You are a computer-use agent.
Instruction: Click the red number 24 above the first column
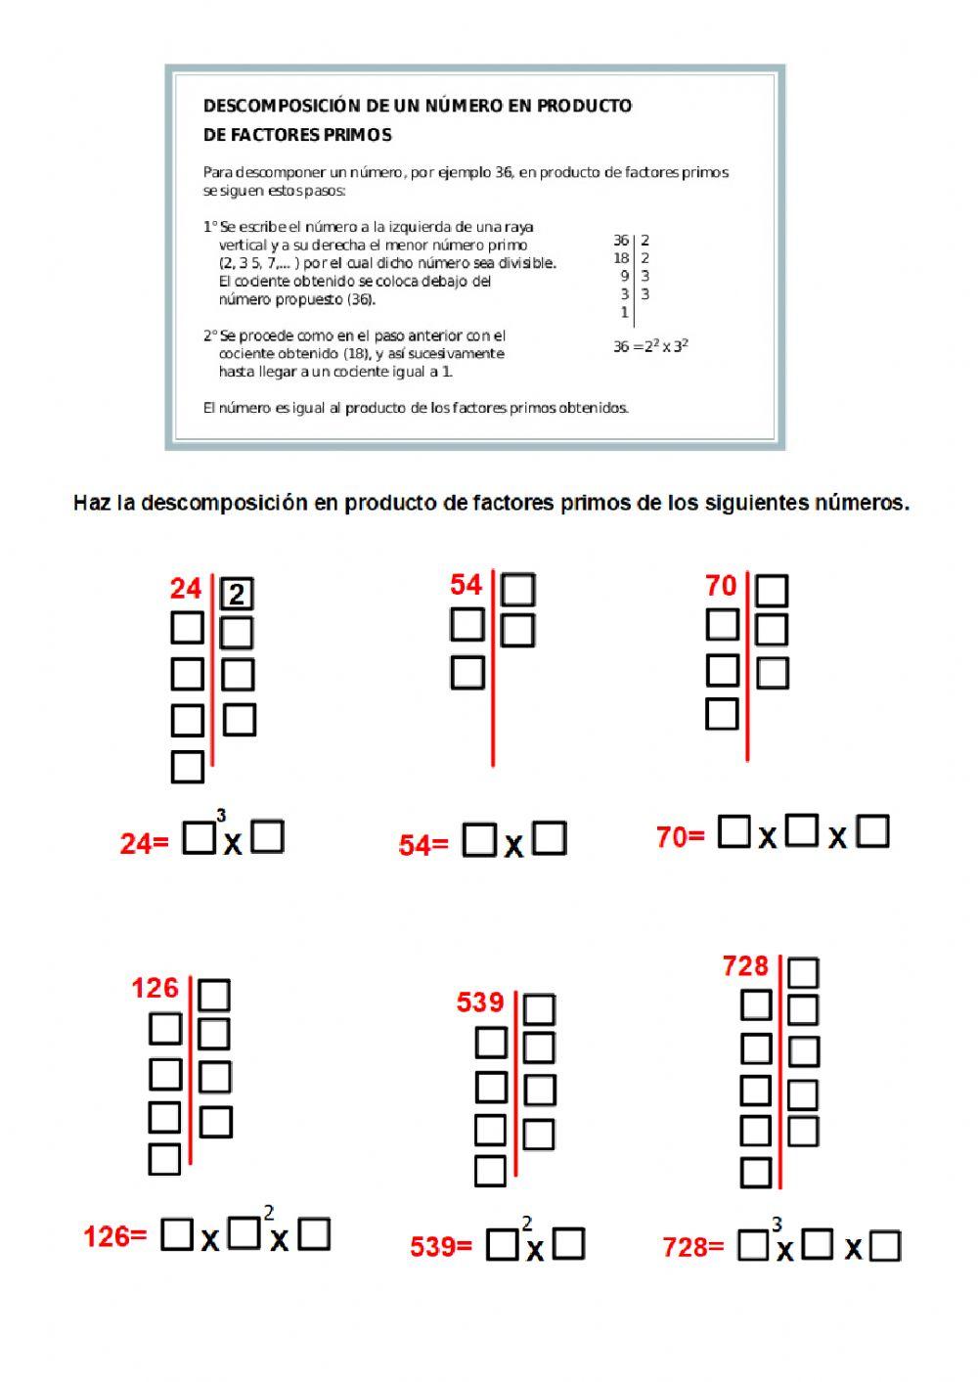(186, 589)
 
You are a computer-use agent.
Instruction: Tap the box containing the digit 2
(238, 594)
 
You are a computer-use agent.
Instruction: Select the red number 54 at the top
(466, 585)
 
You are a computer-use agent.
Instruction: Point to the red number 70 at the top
(721, 586)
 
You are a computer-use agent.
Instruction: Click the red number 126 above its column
(155, 989)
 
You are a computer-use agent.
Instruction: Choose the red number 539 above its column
(480, 1003)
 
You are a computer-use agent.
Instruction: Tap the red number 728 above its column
(745, 966)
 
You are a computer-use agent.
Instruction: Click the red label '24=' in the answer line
(144, 844)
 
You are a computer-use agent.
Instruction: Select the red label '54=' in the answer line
(422, 846)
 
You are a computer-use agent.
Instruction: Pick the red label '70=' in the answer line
(680, 838)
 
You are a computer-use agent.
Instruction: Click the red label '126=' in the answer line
(114, 1237)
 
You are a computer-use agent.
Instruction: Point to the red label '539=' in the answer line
(440, 1247)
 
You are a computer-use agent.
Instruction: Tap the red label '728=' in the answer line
(693, 1247)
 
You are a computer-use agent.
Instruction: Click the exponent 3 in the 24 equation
(221, 816)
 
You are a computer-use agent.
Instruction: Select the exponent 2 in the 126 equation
(269, 1214)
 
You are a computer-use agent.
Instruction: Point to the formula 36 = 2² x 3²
(650, 345)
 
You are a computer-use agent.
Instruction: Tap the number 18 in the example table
(621, 258)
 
